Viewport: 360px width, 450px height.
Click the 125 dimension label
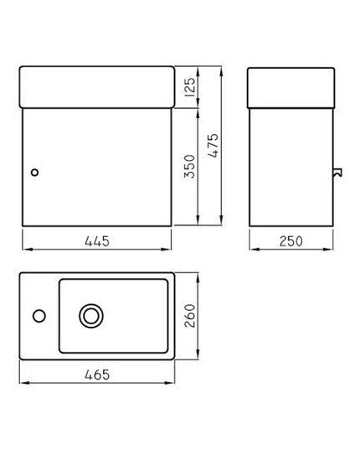[x=190, y=87]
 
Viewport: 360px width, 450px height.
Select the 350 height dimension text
[x=190, y=167]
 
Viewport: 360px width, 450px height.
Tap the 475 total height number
[x=213, y=146]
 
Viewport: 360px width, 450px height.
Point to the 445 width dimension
[x=97, y=241]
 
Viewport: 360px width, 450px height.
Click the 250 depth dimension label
[x=291, y=241]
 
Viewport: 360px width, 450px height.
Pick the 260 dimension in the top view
[x=190, y=316]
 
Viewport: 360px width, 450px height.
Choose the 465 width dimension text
[x=97, y=375]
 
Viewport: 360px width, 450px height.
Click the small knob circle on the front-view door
[x=34, y=173]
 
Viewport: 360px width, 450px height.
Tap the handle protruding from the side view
[x=338, y=173]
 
